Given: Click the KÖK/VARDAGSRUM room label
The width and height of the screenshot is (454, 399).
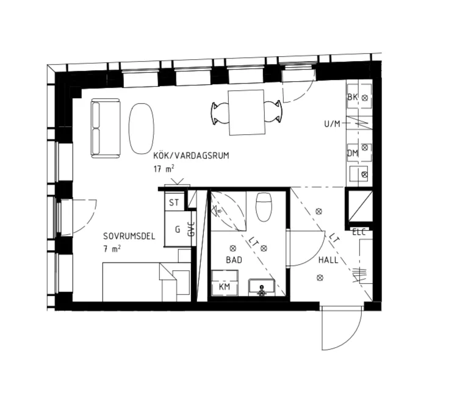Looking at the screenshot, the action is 191,156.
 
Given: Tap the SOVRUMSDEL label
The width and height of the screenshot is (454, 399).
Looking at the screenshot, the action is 129,236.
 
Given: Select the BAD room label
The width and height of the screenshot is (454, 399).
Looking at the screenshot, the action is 234,260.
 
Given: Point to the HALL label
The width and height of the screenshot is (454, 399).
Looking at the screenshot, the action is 328,260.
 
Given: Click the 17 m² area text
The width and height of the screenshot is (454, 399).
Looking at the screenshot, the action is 164,168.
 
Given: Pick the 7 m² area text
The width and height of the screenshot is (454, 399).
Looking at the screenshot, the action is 112,249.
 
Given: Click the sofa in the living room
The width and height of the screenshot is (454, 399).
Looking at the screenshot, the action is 106,128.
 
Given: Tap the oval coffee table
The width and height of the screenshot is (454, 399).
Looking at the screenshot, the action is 142,128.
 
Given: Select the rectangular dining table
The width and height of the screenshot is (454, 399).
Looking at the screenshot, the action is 247,112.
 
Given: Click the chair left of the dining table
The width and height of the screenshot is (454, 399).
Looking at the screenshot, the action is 220,113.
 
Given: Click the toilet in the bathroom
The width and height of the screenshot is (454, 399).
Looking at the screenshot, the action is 264,207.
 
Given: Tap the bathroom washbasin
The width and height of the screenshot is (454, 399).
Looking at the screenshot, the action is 261,287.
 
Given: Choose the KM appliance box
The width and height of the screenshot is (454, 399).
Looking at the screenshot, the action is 225,283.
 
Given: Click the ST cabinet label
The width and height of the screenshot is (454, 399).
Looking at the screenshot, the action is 174,203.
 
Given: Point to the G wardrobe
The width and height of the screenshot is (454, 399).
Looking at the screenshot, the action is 178,229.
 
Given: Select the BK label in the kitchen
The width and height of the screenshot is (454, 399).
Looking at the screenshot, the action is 353,97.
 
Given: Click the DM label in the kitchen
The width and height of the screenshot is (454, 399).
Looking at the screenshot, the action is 353,153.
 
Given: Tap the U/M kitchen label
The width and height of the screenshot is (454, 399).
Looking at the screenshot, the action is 332,124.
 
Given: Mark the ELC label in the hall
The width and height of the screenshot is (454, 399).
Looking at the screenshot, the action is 359,232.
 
